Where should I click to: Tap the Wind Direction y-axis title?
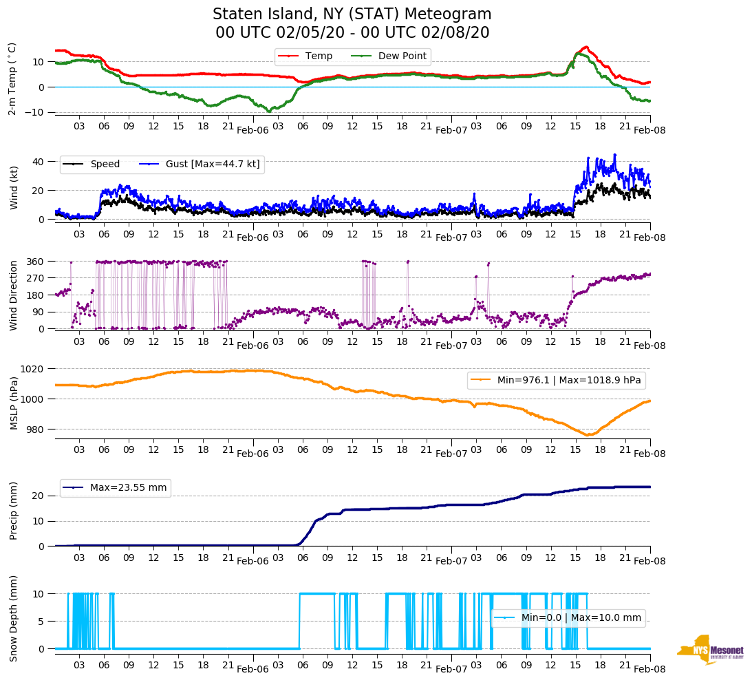click(13, 295)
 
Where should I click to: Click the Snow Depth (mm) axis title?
click(13, 618)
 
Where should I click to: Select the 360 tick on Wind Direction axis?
click(36, 262)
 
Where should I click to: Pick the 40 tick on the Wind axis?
click(39, 162)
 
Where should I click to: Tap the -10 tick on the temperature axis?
click(36, 112)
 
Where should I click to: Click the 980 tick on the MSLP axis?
click(36, 430)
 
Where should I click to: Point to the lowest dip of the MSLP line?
click(589, 435)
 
